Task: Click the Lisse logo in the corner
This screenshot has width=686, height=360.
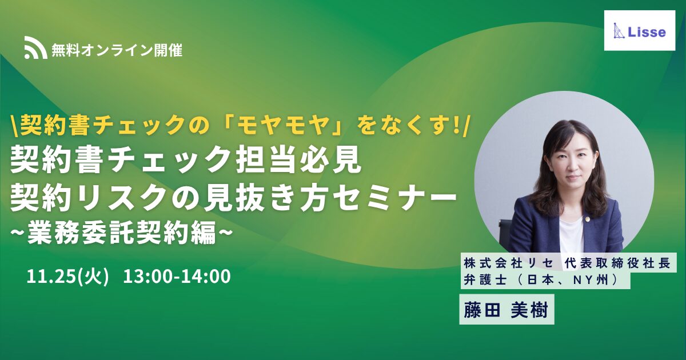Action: coord(640,31)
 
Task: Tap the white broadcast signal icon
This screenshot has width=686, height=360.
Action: coord(35,47)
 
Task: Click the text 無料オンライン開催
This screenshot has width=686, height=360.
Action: coord(117,50)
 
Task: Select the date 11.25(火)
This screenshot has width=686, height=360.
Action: coord(68,277)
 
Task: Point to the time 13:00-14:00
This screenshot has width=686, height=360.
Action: coord(177,277)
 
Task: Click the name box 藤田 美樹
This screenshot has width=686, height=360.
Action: coord(506,310)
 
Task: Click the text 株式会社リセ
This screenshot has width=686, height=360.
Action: coord(509,263)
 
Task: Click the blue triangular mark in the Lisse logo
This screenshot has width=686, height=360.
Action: coord(619,31)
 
